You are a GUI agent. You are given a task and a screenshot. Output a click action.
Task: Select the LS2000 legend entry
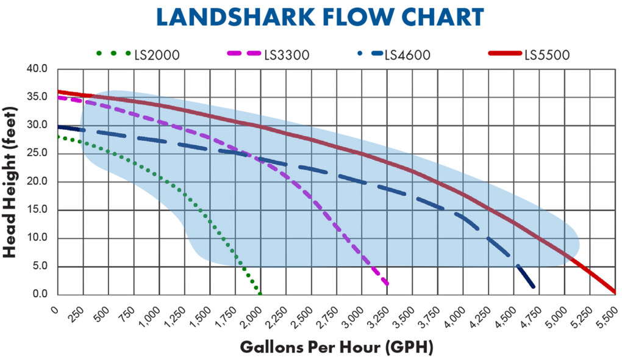(157, 55)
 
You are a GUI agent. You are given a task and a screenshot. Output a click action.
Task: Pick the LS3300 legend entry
(287, 55)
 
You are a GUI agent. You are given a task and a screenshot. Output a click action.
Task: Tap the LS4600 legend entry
(407, 55)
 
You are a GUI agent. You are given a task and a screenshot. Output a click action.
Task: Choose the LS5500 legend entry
(546, 55)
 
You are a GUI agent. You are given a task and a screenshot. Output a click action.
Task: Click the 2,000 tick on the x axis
(251, 312)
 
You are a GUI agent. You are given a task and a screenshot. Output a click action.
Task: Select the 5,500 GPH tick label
(607, 312)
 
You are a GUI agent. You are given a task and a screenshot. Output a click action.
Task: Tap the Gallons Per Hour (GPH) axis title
(336, 347)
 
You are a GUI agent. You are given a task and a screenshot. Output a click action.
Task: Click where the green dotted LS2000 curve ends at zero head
(260, 293)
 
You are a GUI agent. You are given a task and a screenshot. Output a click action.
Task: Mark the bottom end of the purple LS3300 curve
(387, 284)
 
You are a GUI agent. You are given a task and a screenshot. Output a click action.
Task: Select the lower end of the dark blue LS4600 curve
(533, 286)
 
